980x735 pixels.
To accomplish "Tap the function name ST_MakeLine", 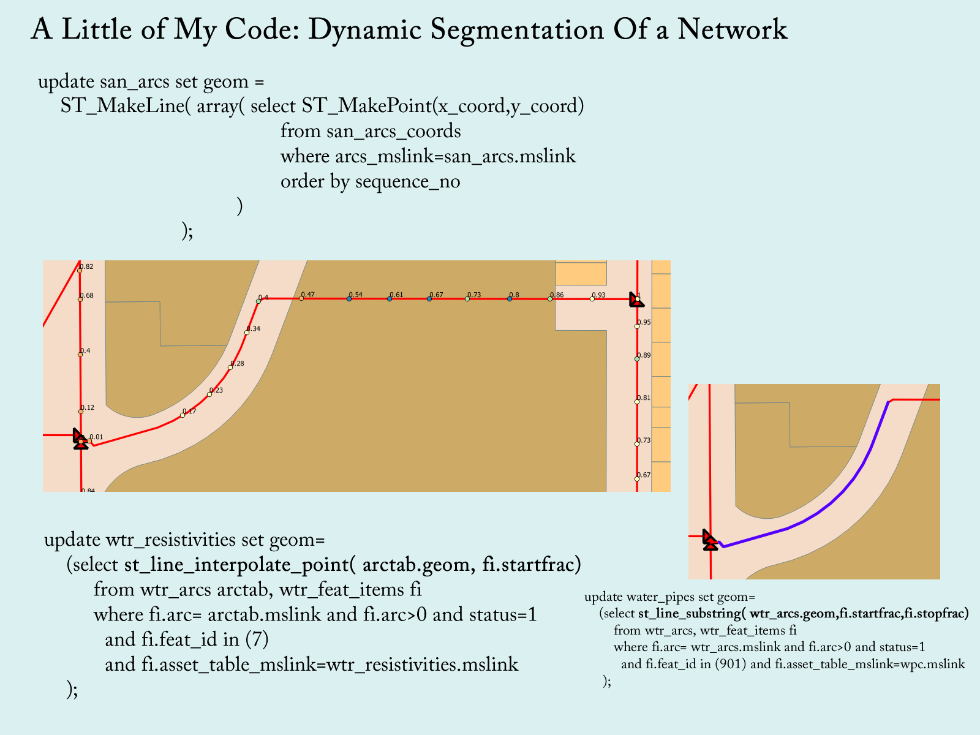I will (x=122, y=106).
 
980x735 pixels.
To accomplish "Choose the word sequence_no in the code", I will (x=407, y=181).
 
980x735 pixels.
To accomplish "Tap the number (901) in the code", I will (x=731, y=664).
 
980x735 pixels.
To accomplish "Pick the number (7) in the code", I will (x=257, y=639).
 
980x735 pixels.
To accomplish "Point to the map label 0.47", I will (x=308, y=295).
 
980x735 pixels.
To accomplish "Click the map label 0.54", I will (x=356, y=295).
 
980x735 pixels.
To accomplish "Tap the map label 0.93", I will (x=598, y=295).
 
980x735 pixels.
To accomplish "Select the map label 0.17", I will (x=190, y=412).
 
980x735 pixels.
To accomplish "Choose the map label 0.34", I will (x=254, y=329).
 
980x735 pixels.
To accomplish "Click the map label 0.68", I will (x=87, y=296).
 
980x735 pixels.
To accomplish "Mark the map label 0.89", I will (x=644, y=355).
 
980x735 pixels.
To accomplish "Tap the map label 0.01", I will (x=96, y=437).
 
